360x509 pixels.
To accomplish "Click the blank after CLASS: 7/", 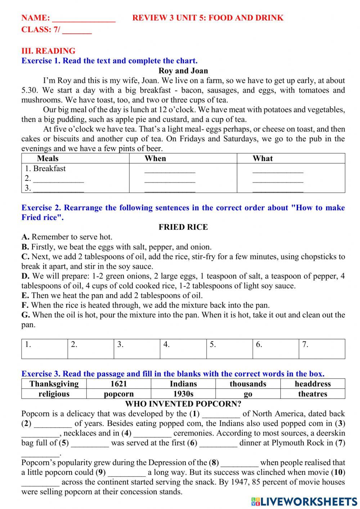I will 77,30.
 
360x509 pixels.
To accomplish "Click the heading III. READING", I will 48,51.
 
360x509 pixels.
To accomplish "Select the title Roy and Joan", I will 183,71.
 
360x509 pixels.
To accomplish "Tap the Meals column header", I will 48,158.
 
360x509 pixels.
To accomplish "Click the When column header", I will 155,158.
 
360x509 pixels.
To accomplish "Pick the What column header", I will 262,158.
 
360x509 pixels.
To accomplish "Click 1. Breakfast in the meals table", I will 45,169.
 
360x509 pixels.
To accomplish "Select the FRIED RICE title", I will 183,227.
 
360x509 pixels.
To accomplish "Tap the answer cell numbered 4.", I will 183,349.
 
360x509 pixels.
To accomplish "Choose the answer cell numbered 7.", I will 321,349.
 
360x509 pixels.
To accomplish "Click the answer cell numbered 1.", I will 45,349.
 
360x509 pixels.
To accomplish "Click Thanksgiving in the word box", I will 54,384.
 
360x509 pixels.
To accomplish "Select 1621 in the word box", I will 118,384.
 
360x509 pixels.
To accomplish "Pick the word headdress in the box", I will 312,384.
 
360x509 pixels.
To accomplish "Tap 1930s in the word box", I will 183,394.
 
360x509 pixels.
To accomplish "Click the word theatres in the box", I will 312,394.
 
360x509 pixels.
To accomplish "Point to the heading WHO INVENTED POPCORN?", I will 183,404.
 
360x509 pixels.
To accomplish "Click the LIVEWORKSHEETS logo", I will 304,501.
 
